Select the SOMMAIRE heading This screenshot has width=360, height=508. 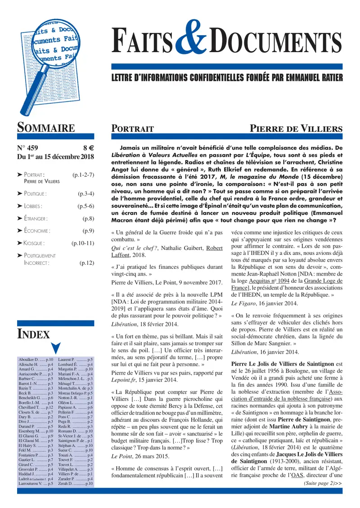46,128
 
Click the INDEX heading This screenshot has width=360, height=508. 33,334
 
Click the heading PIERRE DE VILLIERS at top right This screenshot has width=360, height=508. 296,129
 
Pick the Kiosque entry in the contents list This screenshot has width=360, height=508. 34,243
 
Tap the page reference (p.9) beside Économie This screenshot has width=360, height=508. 88,231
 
